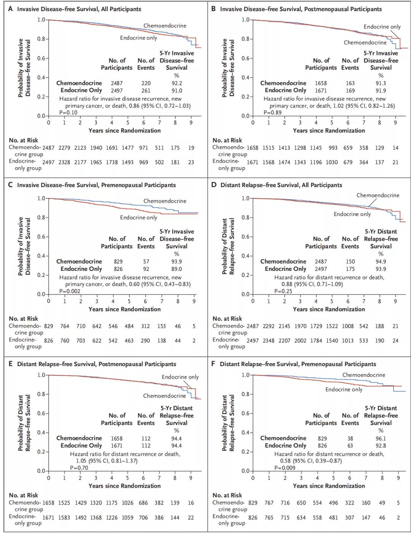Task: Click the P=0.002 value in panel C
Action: point(70,291)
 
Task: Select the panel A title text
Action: point(79,9)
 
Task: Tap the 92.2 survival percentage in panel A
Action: point(177,83)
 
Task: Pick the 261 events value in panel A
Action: point(146,91)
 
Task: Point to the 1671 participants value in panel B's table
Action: point(321,91)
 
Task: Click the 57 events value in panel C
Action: point(146,261)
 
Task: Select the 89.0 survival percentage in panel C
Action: point(177,269)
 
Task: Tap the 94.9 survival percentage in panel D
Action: point(381,261)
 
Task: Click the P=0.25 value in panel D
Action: point(283,291)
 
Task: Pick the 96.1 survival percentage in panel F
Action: point(381,438)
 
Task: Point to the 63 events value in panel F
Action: point(350,445)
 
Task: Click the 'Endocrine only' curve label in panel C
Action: point(139,218)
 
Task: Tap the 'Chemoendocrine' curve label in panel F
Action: point(363,375)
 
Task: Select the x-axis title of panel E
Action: point(124,486)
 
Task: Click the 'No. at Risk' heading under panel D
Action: point(227,319)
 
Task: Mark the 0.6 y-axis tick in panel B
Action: point(245,58)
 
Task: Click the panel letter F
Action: point(213,364)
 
